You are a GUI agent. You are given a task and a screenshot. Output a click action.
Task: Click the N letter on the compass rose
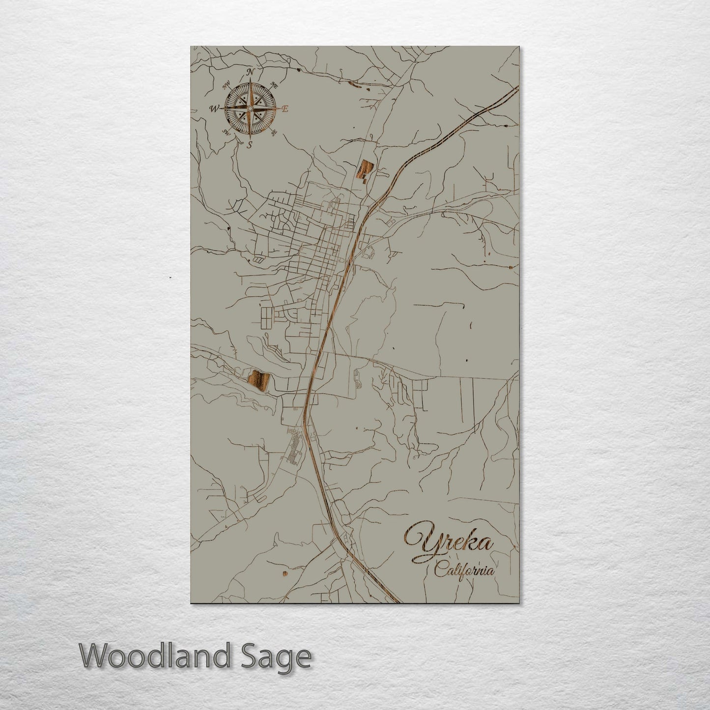tap(251, 72)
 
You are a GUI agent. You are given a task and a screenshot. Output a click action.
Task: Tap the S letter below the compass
tap(250, 144)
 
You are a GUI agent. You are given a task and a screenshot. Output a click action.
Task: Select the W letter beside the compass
tap(214, 109)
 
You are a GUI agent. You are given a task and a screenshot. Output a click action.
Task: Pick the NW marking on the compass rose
tap(227, 85)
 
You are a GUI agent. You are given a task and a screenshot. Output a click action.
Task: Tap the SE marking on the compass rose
tap(274, 131)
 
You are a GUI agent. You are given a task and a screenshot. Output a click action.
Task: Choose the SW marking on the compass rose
tap(227, 132)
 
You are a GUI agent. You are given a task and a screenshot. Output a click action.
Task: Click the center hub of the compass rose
tap(250, 108)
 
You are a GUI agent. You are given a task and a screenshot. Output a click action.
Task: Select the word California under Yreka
tap(464, 571)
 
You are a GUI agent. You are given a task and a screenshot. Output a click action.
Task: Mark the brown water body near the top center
tap(364, 171)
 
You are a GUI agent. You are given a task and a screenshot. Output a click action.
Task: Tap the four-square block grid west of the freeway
tap(265, 318)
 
